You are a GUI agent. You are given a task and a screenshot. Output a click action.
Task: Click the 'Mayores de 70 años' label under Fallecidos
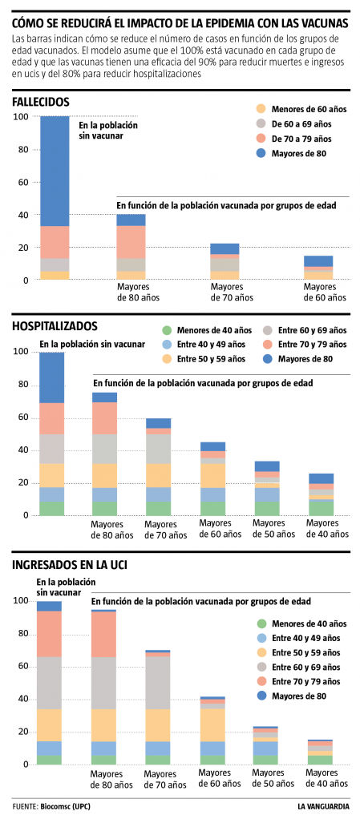click(233, 292)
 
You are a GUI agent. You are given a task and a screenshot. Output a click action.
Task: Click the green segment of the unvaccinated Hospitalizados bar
click(51, 508)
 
